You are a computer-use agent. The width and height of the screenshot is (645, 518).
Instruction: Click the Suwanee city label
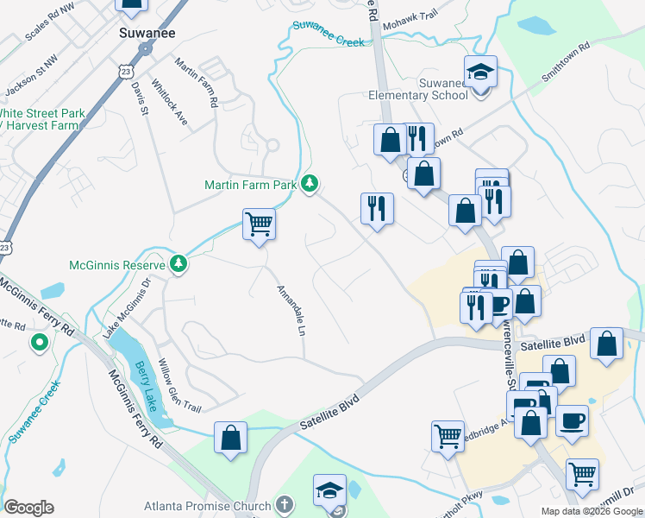(142, 33)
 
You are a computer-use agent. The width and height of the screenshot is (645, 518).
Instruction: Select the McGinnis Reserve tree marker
(178, 262)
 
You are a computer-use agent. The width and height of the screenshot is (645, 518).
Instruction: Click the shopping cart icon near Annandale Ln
(259, 225)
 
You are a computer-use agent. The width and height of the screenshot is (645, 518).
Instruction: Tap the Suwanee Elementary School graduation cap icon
(480, 72)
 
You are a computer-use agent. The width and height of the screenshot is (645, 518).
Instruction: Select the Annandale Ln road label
(291, 310)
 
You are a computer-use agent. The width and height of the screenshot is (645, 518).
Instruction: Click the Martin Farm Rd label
(194, 82)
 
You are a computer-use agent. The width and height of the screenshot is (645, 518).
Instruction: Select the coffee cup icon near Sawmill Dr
(572, 421)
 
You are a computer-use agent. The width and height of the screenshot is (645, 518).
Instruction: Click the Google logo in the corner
(28, 507)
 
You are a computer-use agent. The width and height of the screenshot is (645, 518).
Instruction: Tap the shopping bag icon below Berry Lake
(231, 437)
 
